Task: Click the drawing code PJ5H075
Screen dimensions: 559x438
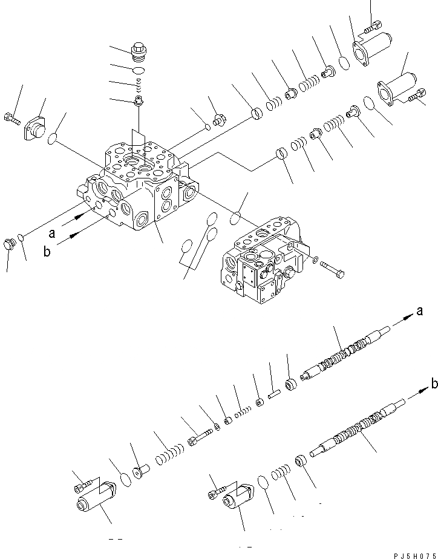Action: pyautogui.click(x=415, y=552)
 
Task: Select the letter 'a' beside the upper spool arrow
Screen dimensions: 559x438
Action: pyautogui.click(x=419, y=312)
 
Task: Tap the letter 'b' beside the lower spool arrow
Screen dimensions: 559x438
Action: pyautogui.click(x=434, y=382)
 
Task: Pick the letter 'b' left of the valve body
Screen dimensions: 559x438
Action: pyautogui.click(x=47, y=252)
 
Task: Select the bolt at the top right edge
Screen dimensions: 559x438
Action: pyautogui.click(x=373, y=25)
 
